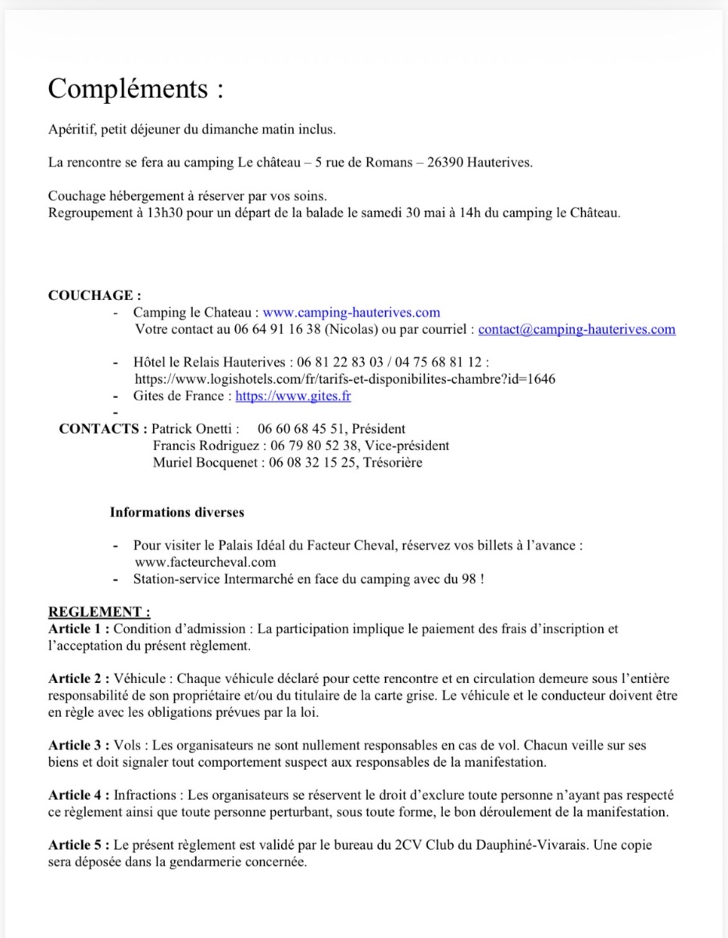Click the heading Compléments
135,89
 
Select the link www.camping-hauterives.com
351,313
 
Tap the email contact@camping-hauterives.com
576,329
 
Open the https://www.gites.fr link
293,396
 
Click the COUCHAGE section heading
95,295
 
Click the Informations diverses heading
177,513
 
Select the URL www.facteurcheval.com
205,562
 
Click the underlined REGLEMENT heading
99,612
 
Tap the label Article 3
78,746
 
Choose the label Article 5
78,846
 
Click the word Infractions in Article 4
147,796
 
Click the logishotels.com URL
345,379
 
